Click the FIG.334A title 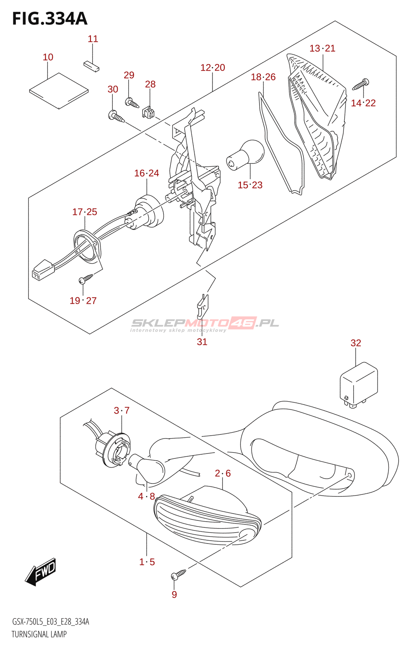(x=49, y=19)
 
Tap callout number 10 (x=48, y=57)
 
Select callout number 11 (x=93, y=39)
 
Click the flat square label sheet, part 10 (x=59, y=91)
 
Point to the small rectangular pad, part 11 (x=91, y=66)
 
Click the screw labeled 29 (x=132, y=103)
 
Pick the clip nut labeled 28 (x=148, y=112)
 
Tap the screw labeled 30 (x=116, y=117)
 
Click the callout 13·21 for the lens (x=322, y=48)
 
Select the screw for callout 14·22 (x=360, y=85)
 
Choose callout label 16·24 (x=146, y=173)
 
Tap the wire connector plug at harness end (x=42, y=270)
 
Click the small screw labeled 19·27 (x=86, y=278)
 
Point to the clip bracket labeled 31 (x=204, y=307)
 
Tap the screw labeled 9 (x=178, y=574)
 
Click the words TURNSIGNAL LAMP (x=39, y=634)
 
